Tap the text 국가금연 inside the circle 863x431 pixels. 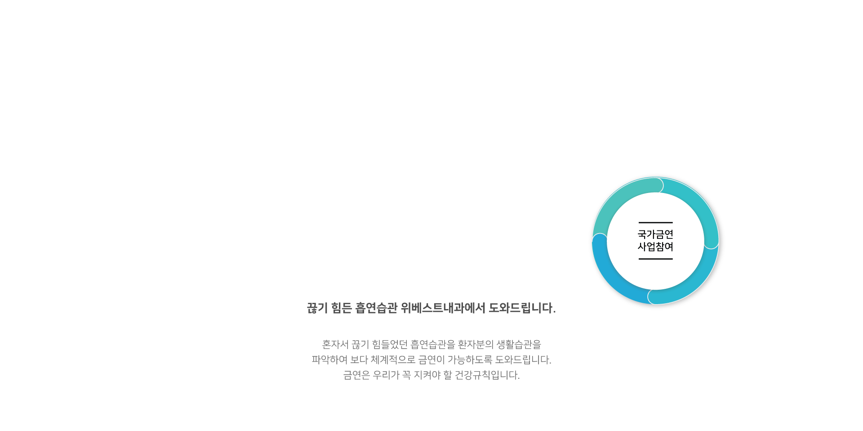click(x=655, y=234)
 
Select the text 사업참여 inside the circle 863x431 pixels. click(x=655, y=247)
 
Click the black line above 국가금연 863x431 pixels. click(x=655, y=223)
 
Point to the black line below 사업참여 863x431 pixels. click(x=655, y=259)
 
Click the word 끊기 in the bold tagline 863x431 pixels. click(x=317, y=308)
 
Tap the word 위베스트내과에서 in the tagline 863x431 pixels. click(x=443, y=308)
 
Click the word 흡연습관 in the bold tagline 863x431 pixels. click(x=376, y=308)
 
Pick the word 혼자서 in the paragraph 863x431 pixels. click(x=335, y=345)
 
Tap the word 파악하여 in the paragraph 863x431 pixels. click(x=329, y=360)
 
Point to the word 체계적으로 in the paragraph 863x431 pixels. click(x=393, y=360)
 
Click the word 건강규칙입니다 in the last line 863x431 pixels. click(x=487, y=375)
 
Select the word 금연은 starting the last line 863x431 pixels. click(x=356, y=375)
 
